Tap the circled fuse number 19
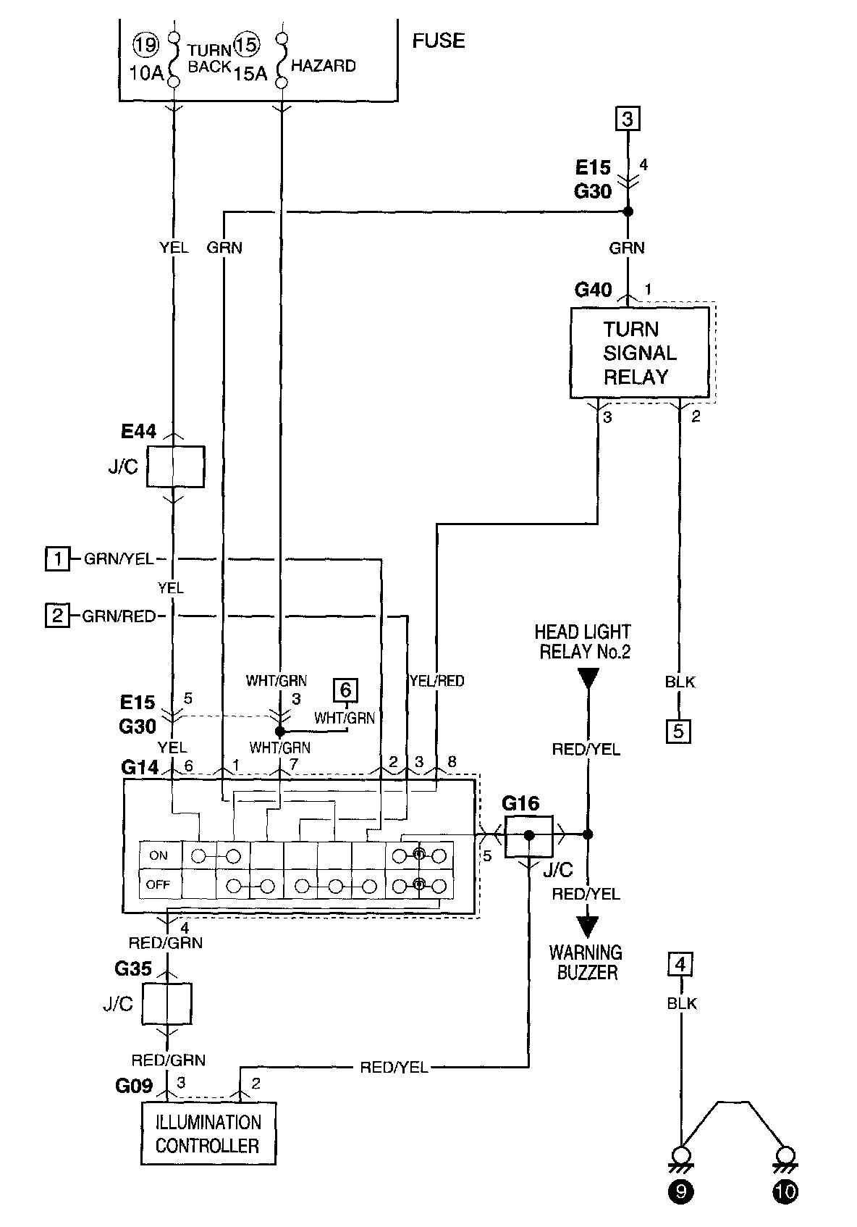click(145, 44)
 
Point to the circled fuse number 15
click(247, 45)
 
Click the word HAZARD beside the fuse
click(323, 66)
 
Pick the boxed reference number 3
click(628, 118)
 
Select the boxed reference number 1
click(57, 558)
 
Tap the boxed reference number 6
click(345, 690)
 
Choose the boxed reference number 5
click(679, 732)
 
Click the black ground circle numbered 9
click(681, 1192)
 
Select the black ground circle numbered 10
click(785, 1192)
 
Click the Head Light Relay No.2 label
click(583, 642)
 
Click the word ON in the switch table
click(159, 855)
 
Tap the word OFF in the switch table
click(159, 884)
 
